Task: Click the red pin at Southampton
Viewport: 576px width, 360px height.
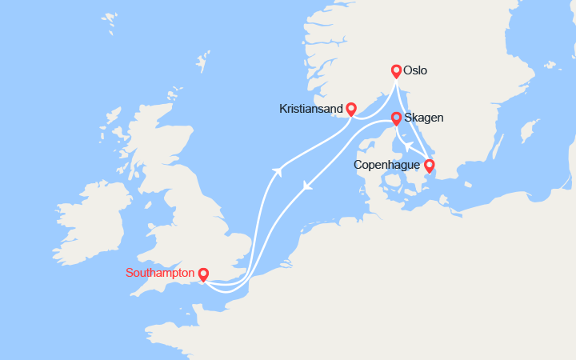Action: coord(203,274)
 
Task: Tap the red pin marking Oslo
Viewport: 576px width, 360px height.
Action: coord(395,70)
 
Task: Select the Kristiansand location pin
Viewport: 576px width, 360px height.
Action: coord(350,109)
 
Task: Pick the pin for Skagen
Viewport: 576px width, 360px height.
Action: coord(395,118)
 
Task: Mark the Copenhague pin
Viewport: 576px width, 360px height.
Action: coord(429,166)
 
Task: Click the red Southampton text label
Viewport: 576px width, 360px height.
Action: coord(159,273)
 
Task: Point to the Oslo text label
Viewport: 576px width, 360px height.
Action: coord(416,70)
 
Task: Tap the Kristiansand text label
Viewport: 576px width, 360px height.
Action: coord(311,108)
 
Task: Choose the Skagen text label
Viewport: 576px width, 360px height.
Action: coord(424,118)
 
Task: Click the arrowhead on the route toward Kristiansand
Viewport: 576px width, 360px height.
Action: coord(278,170)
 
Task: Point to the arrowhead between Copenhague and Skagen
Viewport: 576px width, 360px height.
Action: coord(406,146)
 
